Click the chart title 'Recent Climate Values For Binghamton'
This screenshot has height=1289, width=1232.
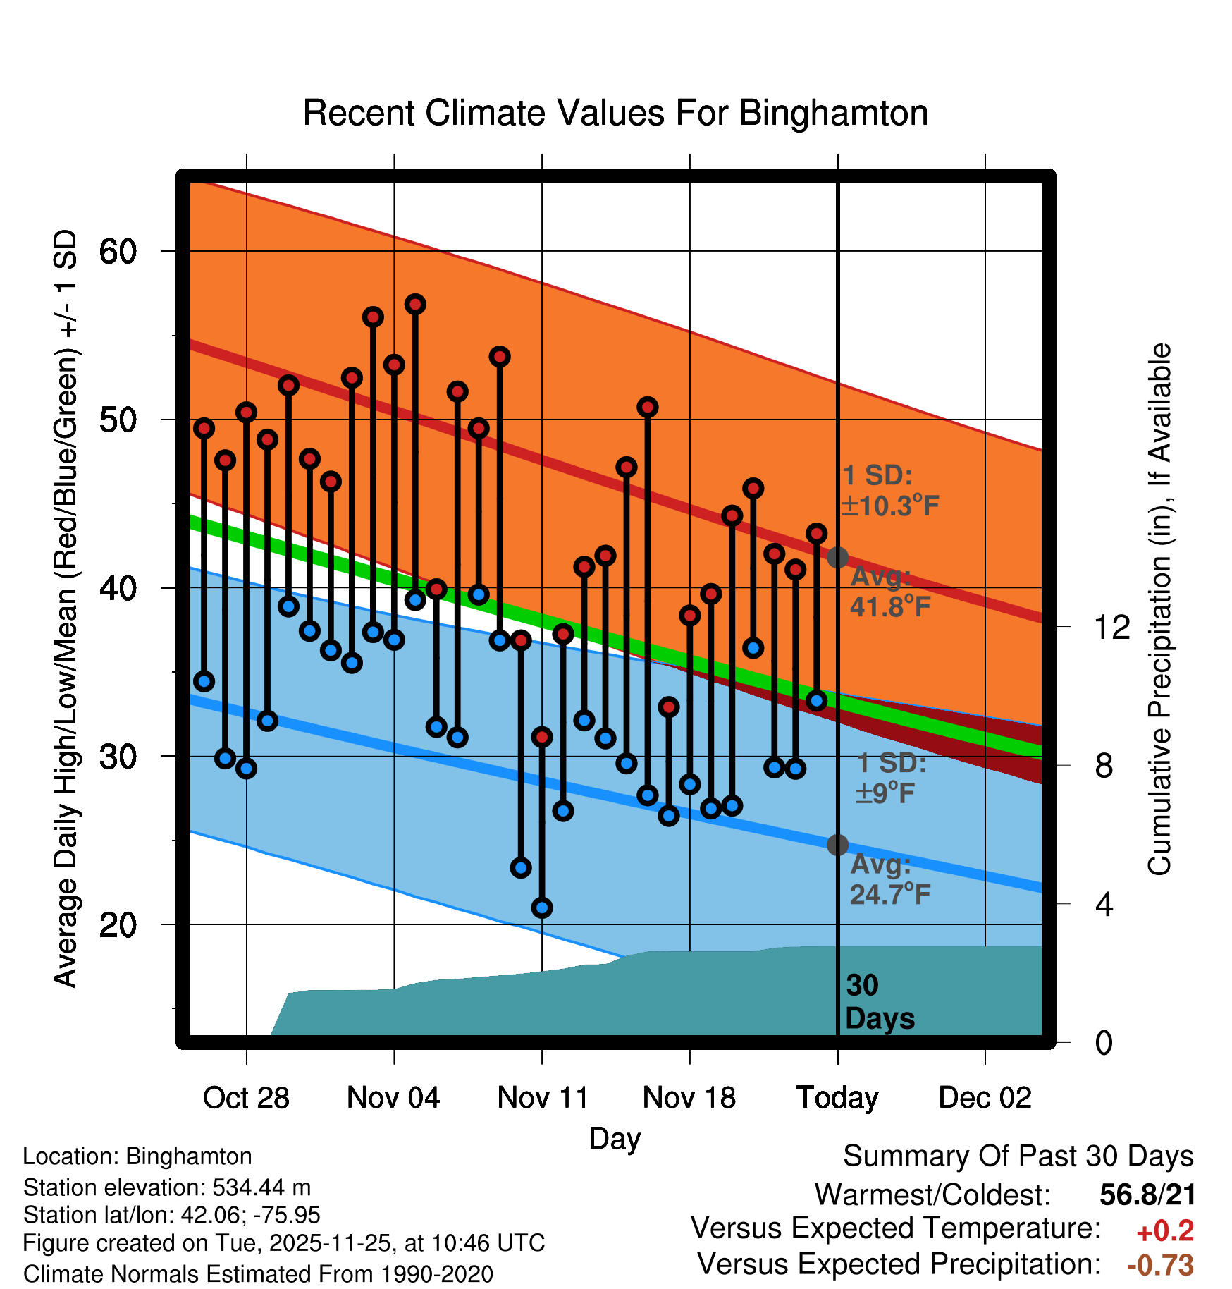pyautogui.click(x=615, y=113)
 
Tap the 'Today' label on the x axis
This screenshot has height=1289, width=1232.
pyautogui.click(x=837, y=1098)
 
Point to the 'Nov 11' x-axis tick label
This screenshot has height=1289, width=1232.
pyautogui.click(x=543, y=1098)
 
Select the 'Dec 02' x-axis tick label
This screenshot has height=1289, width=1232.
pyautogui.click(x=985, y=1098)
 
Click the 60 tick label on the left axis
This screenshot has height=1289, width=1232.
pyautogui.click(x=118, y=251)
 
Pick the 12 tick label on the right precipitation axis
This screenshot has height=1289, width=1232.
pyautogui.click(x=1111, y=627)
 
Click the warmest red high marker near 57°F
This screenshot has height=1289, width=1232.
pyautogui.click(x=415, y=305)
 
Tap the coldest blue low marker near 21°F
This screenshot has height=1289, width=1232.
pyautogui.click(x=542, y=908)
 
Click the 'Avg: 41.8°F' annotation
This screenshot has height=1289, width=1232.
pyautogui.click(x=889, y=592)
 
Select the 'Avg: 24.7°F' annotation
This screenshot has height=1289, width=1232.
pyautogui.click(x=889, y=879)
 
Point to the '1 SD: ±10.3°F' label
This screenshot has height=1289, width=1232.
pyautogui.click(x=889, y=491)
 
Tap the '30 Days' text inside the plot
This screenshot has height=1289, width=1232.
pyautogui.click(x=879, y=1002)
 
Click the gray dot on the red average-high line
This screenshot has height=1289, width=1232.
pyautogui.click(x=837, y=557)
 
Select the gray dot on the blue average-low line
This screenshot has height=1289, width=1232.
pyautogui.click(x=837, y=845)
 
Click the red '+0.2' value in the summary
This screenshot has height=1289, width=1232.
pyautogui.click(x=1165, y=1231)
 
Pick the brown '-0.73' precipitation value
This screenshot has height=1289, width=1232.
pyautogui.click(x=1160, y=1265)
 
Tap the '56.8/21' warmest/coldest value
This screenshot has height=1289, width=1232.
pyautogui.click(x=1147, y=1195)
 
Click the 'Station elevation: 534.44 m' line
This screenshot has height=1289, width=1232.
pyautogui.click(x=167, y=1187)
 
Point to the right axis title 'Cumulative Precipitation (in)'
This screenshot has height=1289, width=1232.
pyautogui.click(x=1159, y=609)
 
